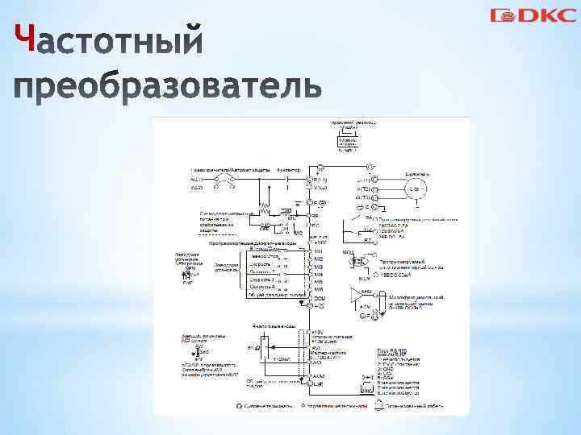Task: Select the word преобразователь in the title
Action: [x=168, y=85]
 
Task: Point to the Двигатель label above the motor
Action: [x=417, y=173]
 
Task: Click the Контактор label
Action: [x=288, y=170]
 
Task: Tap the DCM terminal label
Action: [x=319, y=299]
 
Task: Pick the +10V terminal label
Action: [x=320, y=331]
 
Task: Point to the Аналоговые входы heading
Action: [x=271, y=326]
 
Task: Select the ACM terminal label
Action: [x=319, y=376]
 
